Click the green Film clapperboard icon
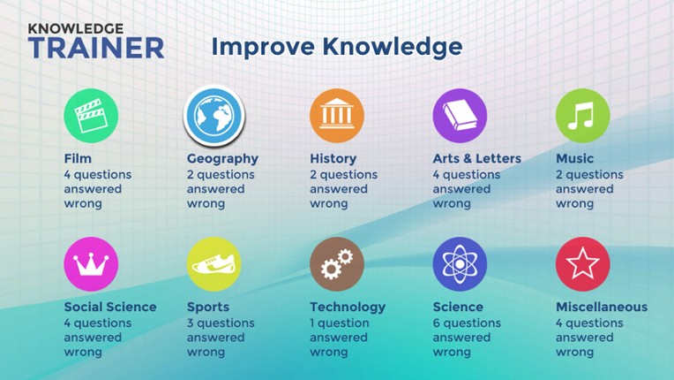[x=91, y=116]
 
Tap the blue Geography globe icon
[x=213, y=116]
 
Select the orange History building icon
[x=336, y=116]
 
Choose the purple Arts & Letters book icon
[x=460, y=116]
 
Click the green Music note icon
[x=582, y=116]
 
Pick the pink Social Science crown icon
[x=91, y=264]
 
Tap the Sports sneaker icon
[x=213, y=264]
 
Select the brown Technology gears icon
[x=336, y=264]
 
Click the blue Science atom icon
[x=460, y=264]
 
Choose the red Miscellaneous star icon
[x=582, y=264]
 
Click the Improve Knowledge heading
[x=336, y=46]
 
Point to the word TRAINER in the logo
[x=95, y=48]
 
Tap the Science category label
[x=458, y=308]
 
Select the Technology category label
[x=348, y=308]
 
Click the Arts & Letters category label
[x=476, y=159]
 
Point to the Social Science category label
[x=110, y=308]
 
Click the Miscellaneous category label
[x=602, y=308]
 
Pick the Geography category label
[x=222, y=159]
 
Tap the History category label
[x=333, y=159]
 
